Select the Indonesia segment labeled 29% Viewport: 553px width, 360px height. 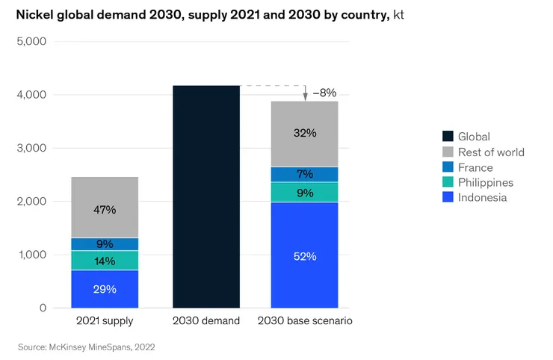point(105,289)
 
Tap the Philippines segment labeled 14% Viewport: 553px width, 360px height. point(105,261)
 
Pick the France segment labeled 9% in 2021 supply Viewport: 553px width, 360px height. point(105,243)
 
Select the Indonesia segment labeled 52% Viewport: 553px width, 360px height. point(305,255)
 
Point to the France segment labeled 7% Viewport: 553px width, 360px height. point(305,174)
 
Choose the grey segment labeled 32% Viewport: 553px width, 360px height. point(305,134)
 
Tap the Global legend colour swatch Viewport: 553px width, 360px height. point(448,136)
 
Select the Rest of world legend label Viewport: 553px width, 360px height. point(491,152)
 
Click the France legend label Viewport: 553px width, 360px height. point(475,167)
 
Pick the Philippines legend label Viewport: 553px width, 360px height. point(486,182)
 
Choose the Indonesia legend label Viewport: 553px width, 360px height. point(482,197)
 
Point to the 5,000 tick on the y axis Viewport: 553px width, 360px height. point(31,42)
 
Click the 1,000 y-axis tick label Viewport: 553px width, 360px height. point(31,255)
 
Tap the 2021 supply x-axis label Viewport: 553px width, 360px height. point(105,321)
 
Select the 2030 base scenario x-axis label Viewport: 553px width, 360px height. point(305,321)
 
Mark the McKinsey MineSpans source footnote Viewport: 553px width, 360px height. point(86,347)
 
